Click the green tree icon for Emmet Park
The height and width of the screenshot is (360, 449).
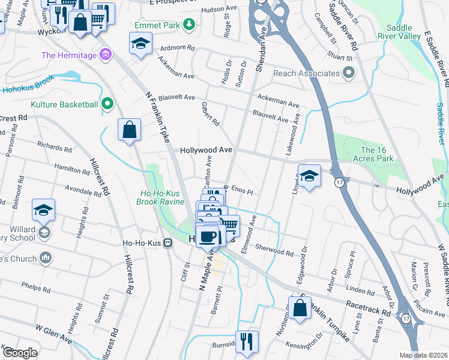(x=189, y=24)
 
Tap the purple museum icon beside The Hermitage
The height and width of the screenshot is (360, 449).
(x=106, y=56)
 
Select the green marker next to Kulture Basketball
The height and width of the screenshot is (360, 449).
(x=108, y=104)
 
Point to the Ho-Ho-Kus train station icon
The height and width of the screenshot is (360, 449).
(x=168, y=242)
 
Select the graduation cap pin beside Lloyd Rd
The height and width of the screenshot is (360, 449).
(x=309, y=176)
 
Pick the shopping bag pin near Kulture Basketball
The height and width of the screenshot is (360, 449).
(x=129, y=129)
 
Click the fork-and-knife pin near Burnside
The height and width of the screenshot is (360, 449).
(x=247, y=341)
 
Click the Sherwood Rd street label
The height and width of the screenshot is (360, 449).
(x=273, y=250)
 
